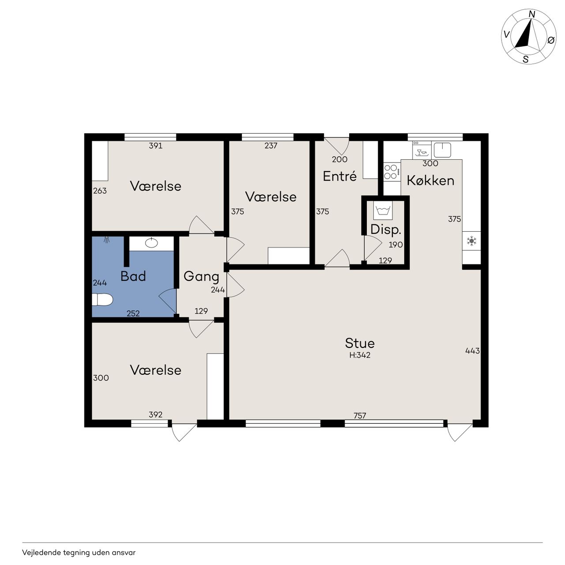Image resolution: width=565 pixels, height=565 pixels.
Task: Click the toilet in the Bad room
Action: coord(102,300)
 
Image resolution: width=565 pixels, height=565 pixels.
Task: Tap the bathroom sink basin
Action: coord(151,242)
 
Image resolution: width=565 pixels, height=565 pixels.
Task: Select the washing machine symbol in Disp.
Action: coord(383,211)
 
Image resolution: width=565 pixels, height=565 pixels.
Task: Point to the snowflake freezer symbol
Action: coord(471,241)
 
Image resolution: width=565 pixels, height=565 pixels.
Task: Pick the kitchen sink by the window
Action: coord(442,150)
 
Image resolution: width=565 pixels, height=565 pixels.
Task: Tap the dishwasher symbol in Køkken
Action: coord(422,150)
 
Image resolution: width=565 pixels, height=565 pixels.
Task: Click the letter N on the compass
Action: coord(531,15)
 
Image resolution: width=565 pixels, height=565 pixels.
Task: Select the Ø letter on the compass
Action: coord(551,40)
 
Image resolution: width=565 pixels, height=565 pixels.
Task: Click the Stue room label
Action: coord(360,343)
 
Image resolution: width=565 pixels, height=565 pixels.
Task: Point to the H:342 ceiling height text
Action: coord(360,355)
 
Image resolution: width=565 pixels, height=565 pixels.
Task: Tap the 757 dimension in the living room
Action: coord(360,415)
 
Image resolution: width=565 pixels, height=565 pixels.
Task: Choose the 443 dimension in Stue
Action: coord(472,350)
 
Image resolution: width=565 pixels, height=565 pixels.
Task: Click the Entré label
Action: coord(339,176)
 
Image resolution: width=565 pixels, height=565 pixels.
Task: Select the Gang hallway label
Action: coord(201,277)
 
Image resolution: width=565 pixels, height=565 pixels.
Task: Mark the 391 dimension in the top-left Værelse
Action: coord(156,146)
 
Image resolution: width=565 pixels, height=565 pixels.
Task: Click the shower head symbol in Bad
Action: coord(107,240)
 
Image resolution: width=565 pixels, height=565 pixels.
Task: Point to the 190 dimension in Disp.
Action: coord(395,245)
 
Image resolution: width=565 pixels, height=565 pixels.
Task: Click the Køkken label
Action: coord(430,181)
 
